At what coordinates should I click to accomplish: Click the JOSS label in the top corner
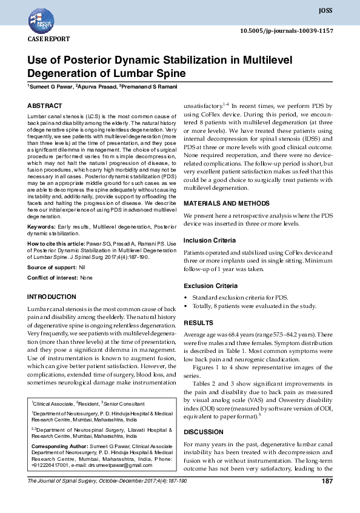(x=325, y=11)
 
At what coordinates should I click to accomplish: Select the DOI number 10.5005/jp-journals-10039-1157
(x=287, y=30)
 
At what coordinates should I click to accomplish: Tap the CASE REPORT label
(x=49, y=39)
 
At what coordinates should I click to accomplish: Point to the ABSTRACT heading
(x=45, y=106)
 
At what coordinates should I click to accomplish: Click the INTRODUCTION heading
(x=52, y=297)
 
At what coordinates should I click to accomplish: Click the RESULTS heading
(x=198, y=323)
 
